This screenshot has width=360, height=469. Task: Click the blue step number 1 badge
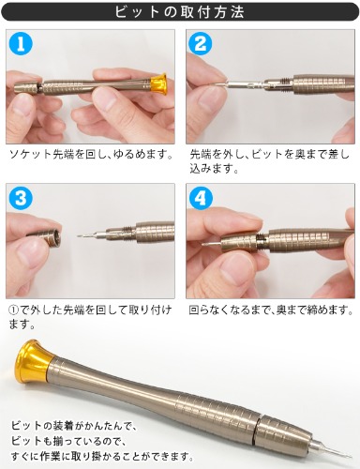pos(22,44)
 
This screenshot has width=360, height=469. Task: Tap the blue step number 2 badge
pos(201,44)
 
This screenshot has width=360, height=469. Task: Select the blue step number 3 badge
pos(22,198)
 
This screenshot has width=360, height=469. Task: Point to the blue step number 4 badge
pos(201,198)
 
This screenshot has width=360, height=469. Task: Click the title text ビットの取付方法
pos(180,12)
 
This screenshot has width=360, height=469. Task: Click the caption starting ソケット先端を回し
pos(91,155)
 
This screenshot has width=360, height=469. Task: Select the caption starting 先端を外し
pos(269,161)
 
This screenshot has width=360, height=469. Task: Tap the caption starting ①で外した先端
pos(90,317)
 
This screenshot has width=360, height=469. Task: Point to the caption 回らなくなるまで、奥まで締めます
pos(271,310)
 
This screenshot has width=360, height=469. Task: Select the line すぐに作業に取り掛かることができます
pos(102,456)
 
